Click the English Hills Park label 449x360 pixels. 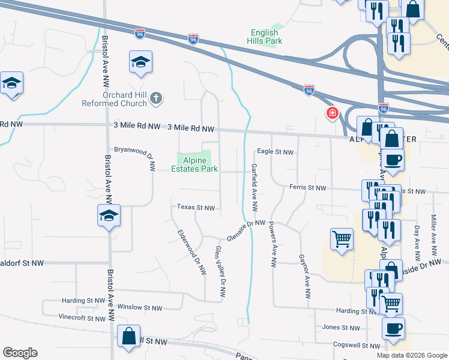(x=264, y=36)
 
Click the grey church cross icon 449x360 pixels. (x=155, y=98)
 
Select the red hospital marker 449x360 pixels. (x=331, y=113)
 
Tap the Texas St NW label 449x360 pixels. (x=196, y=208)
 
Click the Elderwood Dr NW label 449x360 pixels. (x=192, y=253)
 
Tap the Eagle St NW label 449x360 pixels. (x=276, y=152)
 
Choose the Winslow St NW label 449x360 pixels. (x=140, y=308)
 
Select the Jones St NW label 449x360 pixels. (x=341, y=328)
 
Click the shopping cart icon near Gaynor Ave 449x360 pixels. (x=342, y=239)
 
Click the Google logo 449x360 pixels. (x=20, y=353)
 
